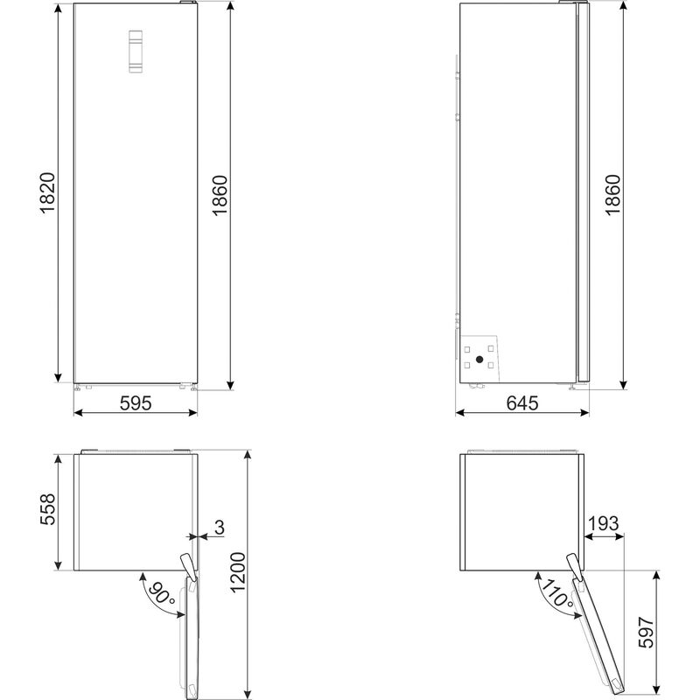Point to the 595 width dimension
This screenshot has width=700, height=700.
[x=136, y=403]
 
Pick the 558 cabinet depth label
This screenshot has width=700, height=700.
[x=48, y=511]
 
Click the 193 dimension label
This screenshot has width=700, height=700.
[x=603, y=524]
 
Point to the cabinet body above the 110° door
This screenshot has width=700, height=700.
[x=521, y=511]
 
